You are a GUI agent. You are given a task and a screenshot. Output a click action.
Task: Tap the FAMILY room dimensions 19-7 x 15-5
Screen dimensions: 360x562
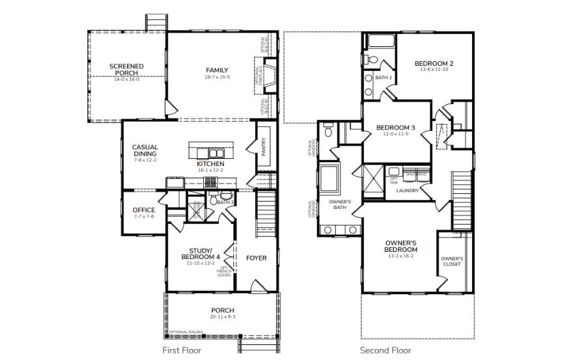217,77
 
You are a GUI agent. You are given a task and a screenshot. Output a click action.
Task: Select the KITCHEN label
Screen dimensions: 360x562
210,163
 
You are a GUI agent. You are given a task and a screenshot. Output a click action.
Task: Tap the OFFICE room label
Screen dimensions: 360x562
143,210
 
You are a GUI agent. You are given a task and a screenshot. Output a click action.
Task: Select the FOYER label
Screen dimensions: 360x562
256,258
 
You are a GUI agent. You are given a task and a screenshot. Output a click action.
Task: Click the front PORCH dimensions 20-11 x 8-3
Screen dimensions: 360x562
222,316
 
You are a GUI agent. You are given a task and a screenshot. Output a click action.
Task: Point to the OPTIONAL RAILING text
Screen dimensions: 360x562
186,332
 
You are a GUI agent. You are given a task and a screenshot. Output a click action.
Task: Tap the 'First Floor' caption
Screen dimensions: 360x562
182,350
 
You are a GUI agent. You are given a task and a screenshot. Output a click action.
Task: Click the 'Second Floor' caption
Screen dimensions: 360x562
386,350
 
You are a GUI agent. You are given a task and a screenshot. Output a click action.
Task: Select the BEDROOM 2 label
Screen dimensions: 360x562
434,63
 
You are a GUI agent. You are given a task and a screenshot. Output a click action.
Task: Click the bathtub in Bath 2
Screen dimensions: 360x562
381,42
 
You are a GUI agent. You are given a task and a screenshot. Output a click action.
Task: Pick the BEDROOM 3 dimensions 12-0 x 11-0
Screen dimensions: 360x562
395,134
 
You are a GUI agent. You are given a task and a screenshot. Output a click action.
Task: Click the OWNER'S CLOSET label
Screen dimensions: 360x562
452,261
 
